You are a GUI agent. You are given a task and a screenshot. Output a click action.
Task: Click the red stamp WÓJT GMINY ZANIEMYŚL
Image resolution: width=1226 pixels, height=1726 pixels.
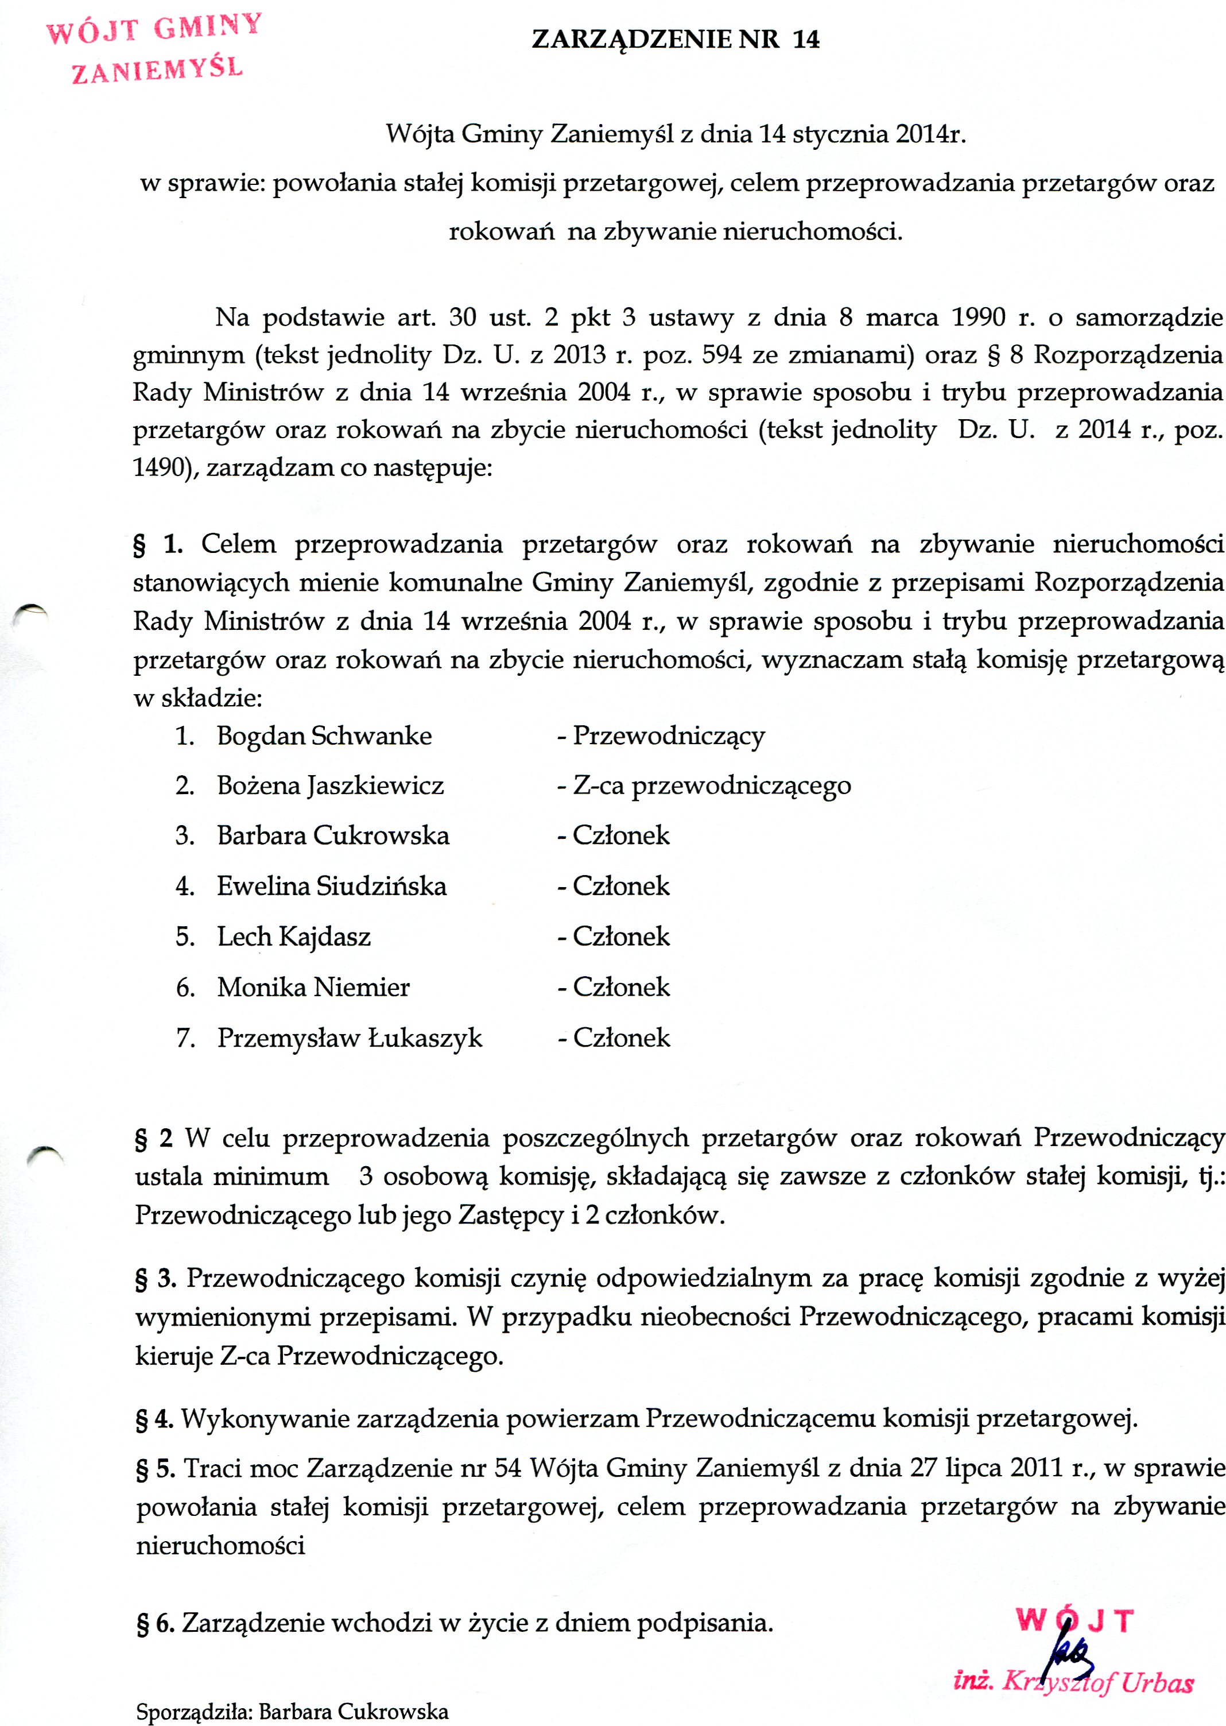tap(156, 48)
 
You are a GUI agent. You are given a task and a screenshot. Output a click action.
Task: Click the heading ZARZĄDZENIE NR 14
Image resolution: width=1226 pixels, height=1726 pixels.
tap(675, 39)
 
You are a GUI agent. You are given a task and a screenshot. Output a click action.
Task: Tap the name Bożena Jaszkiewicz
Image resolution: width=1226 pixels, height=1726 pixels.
tap(330, 786)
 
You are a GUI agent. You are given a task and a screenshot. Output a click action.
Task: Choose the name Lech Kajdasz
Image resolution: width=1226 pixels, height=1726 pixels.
tap(294, 936)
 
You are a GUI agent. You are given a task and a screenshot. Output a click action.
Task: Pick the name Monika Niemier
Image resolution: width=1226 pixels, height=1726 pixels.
tap(313, 987)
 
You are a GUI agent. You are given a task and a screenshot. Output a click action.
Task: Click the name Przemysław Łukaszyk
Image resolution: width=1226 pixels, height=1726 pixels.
tap(350, 1038)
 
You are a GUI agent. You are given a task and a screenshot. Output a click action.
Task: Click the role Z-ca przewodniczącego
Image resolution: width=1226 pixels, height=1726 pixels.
tap(711, 786)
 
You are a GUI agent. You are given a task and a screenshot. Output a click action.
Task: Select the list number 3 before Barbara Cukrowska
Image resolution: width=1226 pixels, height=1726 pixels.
tap(185, 836)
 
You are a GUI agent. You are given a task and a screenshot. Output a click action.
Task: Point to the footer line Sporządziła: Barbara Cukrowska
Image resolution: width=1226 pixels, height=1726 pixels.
tap(292, 1711)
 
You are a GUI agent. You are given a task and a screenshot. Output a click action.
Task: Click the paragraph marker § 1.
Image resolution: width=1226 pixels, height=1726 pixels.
tap(158, 544)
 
